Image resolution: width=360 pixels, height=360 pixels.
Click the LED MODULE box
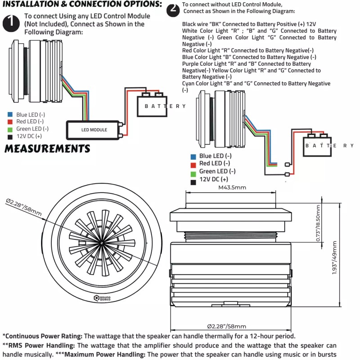94,130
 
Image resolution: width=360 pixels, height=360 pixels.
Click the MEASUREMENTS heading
47,148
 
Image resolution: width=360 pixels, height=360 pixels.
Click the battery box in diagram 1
153,106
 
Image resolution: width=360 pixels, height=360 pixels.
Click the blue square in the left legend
10,115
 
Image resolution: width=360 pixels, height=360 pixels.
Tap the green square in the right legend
193,171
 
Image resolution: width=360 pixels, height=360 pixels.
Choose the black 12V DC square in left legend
10,136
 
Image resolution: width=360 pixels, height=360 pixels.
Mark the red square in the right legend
193,163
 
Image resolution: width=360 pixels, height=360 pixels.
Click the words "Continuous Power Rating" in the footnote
43,336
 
